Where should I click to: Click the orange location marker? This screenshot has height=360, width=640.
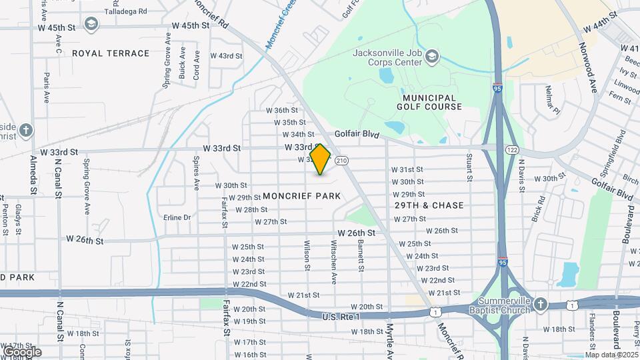click(x=321, y=159)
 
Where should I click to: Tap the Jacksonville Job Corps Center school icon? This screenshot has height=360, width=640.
click(x=432, y=56)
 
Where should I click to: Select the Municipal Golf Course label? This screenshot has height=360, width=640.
click(x=429, y=102)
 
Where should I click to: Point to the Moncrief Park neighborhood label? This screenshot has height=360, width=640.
click(x=302, y=196)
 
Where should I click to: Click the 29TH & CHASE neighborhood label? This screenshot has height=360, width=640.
click(x=429, y=205)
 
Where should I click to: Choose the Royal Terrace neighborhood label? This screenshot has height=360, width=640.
click(x=111, y=53)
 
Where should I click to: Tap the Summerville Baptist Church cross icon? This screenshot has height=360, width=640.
click(x=540, y=305)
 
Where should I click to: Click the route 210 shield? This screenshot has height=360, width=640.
click(x=342, y=161)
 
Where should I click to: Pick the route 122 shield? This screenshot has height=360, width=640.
click(x=512, y=150)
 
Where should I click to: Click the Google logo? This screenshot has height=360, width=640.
click(x=22, y=351)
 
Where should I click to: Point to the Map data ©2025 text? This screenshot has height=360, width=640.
click(x=611, y=354)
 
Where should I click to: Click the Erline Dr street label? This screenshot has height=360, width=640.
click(x=177, y=217)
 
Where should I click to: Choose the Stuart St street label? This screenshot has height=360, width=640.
click(x=469, y=167)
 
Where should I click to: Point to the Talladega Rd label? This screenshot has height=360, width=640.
click(x=129, y=12)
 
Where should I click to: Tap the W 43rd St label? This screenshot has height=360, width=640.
click(x=227, y=56)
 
